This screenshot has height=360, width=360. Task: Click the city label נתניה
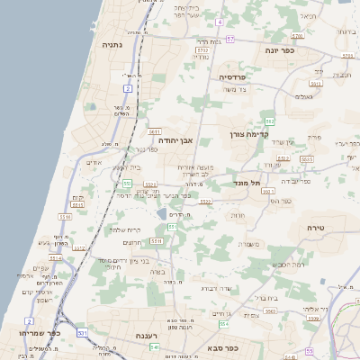pos(112,45)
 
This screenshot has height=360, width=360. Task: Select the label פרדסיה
pos(238,78)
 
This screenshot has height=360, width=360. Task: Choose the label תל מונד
pos(245,183)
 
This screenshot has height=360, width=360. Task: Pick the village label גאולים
pos(304,96)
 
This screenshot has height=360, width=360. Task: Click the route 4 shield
pos(219,20)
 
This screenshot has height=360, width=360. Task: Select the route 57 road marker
pos(230,40)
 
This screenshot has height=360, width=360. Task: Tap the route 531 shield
pos(82,333)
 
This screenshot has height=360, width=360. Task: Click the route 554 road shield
pos(223,323)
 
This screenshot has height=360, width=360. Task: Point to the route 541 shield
pos(155,346)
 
